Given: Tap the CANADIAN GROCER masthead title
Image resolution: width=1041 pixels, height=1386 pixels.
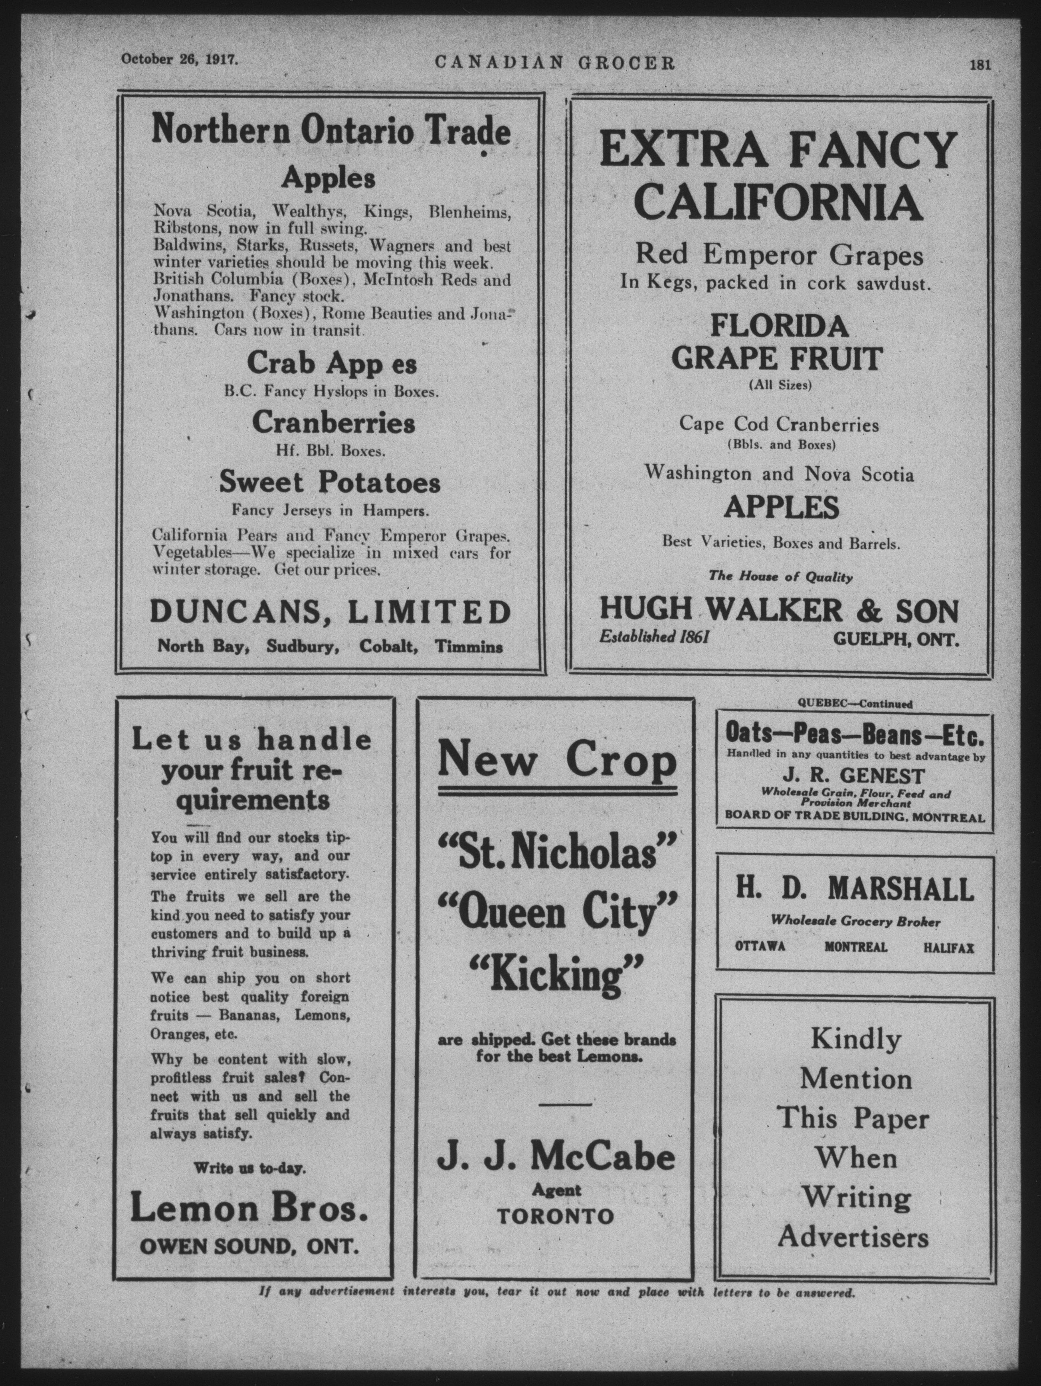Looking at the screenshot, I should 554,63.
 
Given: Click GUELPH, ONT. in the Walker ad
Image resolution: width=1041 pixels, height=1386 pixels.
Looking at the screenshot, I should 896,639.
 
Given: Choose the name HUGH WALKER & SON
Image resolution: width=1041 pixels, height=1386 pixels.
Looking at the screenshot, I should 779,609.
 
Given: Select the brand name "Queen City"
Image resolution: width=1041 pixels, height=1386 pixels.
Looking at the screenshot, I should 556,914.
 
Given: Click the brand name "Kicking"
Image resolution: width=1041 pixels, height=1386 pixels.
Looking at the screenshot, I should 556,976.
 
